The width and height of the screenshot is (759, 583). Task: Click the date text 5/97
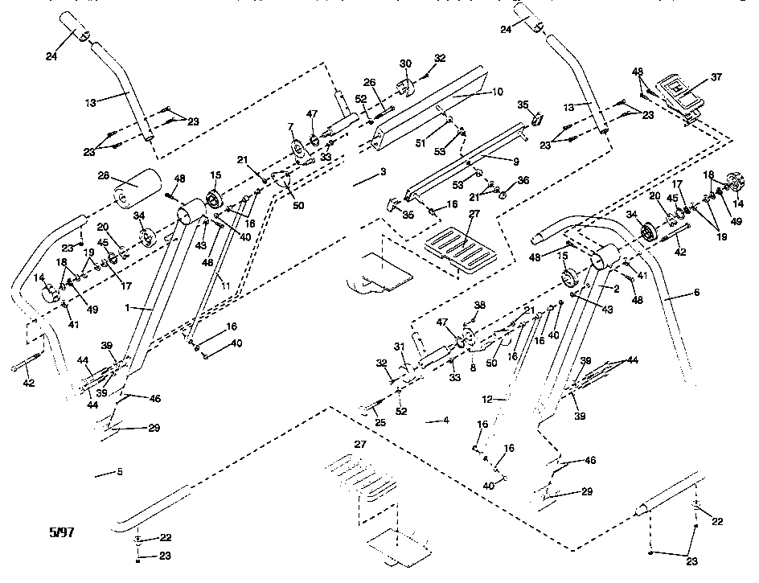point(61,532)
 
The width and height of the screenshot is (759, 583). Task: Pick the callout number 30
point(405,64)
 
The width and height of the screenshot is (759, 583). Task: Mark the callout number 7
point(290,129)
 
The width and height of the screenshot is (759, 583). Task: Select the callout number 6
point(696,294)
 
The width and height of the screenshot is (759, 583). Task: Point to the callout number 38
point(480,306)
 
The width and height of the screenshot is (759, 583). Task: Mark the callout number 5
point(119,472)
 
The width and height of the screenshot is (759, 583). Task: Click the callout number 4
point(445,420)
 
